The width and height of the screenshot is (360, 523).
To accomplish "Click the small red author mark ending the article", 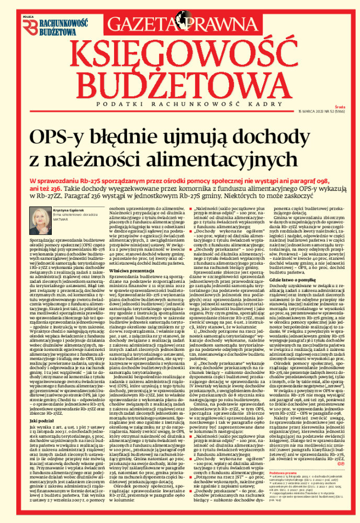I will pyautogui.click(x=340, y=463).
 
